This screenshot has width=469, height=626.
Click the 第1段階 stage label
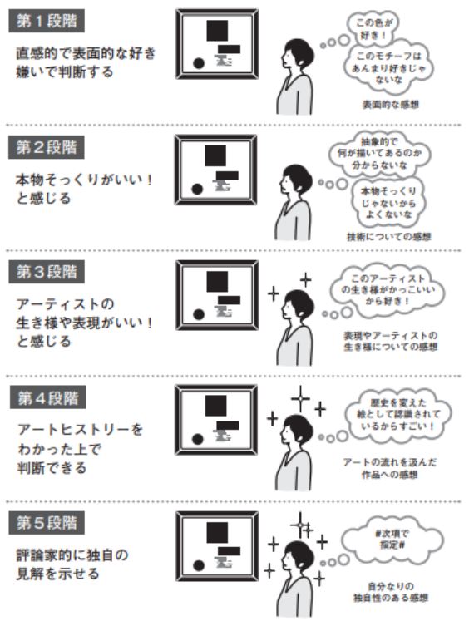[47, 21]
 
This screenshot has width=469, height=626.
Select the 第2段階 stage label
[47, 147]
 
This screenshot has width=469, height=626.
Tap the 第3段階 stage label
[47, 272]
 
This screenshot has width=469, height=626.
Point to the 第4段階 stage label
[48, 397]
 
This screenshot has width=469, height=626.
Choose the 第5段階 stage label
[47, 523]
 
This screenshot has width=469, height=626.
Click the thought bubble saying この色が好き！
[373, 28]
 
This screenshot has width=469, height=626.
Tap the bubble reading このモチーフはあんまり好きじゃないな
[388, 67]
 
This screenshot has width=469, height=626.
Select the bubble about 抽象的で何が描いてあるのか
[379, 154]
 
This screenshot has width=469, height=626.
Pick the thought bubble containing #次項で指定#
[392, 539]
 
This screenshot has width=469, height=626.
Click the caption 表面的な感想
[390, 105]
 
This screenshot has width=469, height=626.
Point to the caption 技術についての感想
[388, 237]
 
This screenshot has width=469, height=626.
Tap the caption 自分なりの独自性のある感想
[391, 592]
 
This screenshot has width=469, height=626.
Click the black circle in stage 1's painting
[199, 63]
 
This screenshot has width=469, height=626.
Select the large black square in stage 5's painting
[217, 533]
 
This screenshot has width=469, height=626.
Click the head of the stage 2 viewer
[297, 177]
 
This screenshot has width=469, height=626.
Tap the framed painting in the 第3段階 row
[217, 295]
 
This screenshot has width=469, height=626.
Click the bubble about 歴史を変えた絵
[398, 415]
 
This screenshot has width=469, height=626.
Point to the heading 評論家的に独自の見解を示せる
[72, 564]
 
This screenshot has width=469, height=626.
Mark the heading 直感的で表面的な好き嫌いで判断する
[86, 62]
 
